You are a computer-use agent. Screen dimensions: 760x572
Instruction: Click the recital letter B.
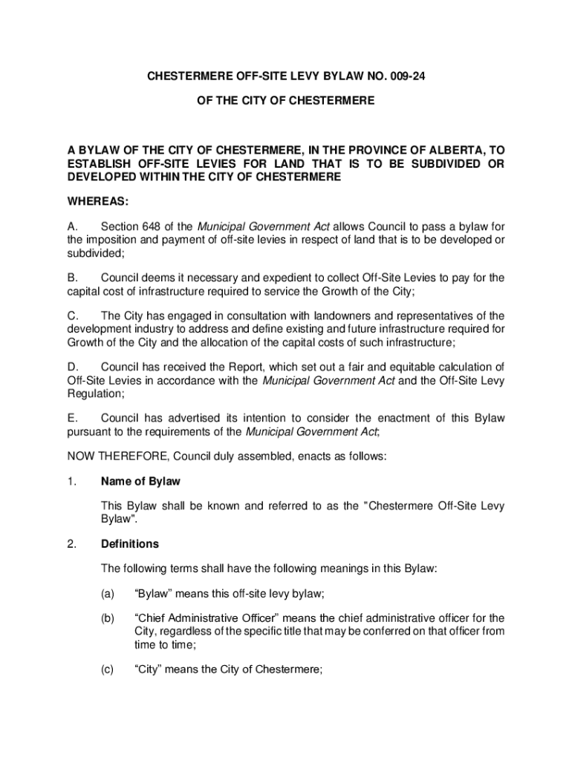72,278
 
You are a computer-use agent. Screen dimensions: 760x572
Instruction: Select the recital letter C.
72,316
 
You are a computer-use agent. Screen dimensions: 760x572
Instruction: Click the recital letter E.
72,419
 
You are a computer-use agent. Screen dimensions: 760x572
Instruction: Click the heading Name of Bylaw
140,482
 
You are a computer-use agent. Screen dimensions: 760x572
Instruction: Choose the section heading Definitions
130,544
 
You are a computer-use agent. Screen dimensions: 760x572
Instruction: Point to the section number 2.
71,544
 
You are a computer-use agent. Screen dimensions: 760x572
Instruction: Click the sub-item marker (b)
108,618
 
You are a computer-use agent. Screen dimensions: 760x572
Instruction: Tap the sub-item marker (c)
108,669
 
